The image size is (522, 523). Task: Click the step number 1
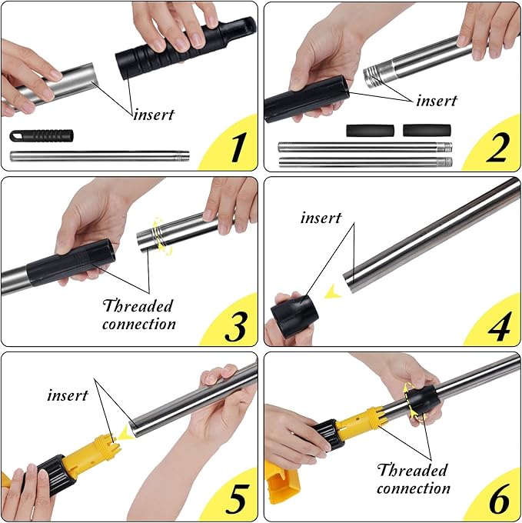point(238,147)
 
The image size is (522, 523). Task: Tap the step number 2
point(498,147)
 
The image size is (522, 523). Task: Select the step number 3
point(236,326)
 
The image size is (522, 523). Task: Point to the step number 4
point(499,326)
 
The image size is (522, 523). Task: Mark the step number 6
point(499,499)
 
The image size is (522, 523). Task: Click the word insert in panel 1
point(154,115)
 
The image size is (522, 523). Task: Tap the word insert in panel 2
point(437,101)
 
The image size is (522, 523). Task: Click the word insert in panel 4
point(321,218)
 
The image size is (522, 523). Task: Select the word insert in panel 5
point(68,395)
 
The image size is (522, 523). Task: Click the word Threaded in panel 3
point(138,305)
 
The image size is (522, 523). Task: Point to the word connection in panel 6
point(414,488)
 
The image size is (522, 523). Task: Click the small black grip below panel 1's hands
point(42,136)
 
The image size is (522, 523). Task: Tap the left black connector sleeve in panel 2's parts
point(370,131)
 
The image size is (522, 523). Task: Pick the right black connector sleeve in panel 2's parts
point(427,131)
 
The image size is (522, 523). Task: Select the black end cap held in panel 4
point(294,316)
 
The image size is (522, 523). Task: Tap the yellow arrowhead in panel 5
point(127,432)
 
